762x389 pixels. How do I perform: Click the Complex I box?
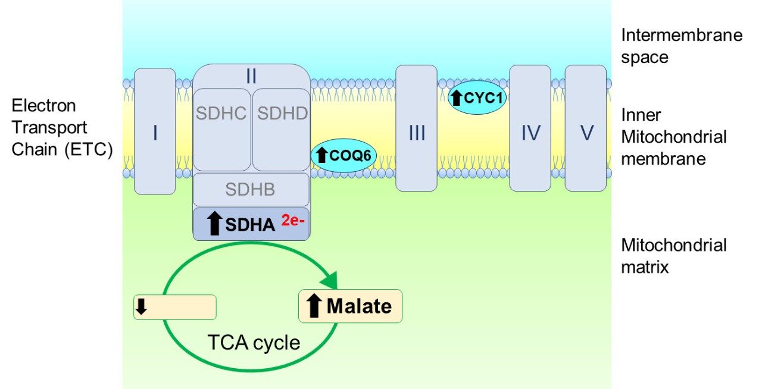point(155,131)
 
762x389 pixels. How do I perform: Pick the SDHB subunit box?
point(251,190)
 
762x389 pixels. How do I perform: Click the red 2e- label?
point(294,221)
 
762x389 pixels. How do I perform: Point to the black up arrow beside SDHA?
point(213,224)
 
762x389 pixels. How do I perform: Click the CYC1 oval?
point(477,98)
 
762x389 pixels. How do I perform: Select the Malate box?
point(350,306)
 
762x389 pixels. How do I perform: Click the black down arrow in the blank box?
point(142,307)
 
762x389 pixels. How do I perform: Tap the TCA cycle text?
point(254,343)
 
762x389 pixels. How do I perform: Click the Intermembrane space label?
point(681,46)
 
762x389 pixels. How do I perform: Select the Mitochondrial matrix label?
point(673,256)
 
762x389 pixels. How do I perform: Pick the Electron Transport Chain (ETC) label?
point(61,127)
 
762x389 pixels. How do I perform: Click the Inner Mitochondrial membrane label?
point(673,137)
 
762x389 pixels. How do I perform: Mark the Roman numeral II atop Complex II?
point(251,76)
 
